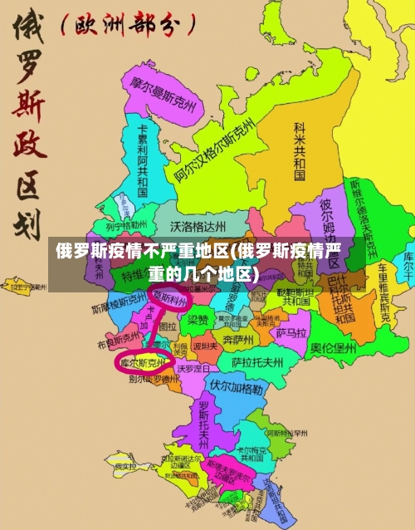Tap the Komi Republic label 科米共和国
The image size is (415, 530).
point(300,150)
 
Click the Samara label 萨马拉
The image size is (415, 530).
point(291,331)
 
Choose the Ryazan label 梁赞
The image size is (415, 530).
point(197,319)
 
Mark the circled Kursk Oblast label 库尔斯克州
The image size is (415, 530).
point(144,363)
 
